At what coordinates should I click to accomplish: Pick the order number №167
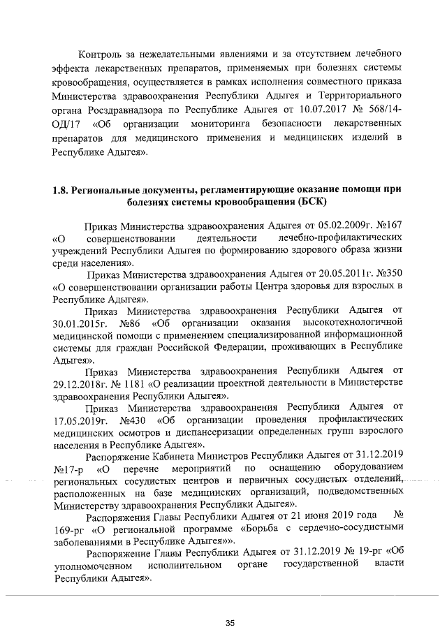coord(388,227)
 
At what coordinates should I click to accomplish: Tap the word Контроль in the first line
coord(102,53)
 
